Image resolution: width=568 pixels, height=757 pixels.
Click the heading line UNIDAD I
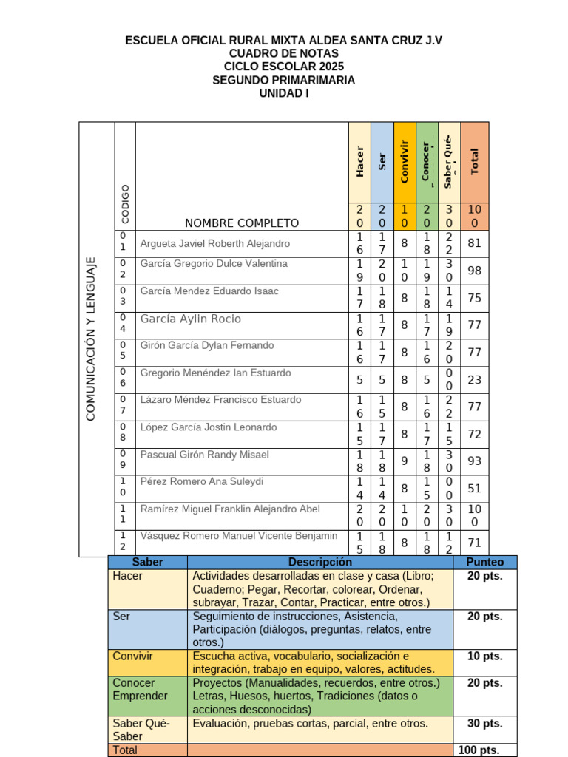pyautogui.click(x=284, y=93)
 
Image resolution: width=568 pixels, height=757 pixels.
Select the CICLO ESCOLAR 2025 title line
pyautogui.click(x=284, y=67)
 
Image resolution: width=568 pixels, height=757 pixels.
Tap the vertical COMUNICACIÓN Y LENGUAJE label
pyautogui.click(x=91, y=339)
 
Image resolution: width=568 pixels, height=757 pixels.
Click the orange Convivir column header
pyautogui.click(x=404, y=162)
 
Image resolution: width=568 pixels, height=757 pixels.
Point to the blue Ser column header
pyautogui.click(x=382, y=162)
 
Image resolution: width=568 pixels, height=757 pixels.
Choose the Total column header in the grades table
pyautogui.click(x=475, y=162)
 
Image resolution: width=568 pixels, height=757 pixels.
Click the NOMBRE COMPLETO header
pyautogui.click(x=242, y=223)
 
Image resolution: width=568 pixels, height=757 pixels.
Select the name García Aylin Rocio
pyautogui.click(x=191, y=319)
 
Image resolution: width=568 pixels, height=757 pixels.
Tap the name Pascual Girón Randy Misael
pyautogui.click(x=205, y=455)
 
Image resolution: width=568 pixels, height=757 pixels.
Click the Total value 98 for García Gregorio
pyautogui.click(x=475, y=271)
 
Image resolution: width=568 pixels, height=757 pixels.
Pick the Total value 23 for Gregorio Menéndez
pyautogui.click(x=475, y=380)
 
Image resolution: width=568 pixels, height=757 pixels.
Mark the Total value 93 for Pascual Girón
pyautogui.click(x=475, y=461)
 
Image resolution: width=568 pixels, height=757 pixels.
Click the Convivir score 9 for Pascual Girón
pyautogui.click(x=404, y=461)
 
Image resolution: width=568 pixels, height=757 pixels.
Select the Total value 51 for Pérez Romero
pyautogui.click(x=475, y=489)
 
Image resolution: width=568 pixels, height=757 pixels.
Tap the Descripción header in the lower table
pyautogui.click(x=320, y=562)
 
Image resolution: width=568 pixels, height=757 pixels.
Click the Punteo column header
pyautogui.click(x=485, y=562)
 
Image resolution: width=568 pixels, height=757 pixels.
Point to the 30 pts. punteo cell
pyautogui.click(x=485, y=723)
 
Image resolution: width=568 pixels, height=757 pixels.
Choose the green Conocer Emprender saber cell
pyautogui.click(x=148, y=689)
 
